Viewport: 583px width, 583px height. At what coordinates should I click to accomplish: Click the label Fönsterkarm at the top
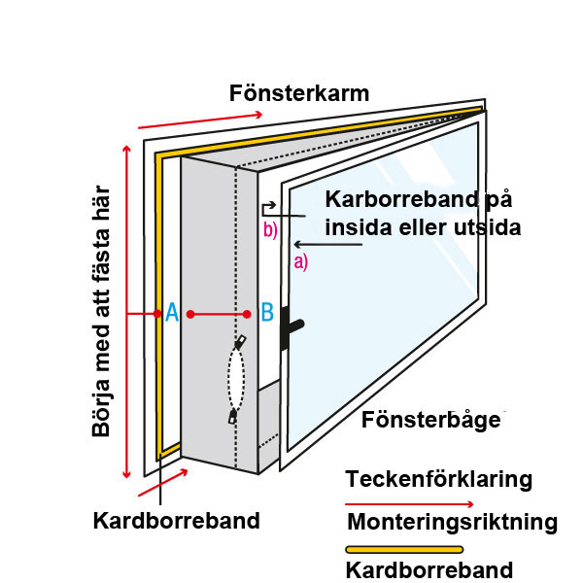tap(299, 94)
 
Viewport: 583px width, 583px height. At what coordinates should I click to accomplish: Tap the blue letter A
tap(171, 313)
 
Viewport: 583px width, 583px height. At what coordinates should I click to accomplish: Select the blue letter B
tap(266, 313)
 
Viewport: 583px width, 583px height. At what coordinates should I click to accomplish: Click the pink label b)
tap(270, 230)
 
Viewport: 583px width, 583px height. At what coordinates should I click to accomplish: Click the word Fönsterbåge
tap(433, 421)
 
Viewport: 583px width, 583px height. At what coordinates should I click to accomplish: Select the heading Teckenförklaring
tap(438, 479)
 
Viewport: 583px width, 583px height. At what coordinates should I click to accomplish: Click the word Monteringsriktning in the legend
tap(453, 523)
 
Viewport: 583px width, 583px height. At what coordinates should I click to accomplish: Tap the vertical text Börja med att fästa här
tap(101, 310)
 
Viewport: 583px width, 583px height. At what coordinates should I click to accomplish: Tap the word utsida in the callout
tap(485, 228)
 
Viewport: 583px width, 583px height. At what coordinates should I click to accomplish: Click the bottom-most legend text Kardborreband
tap(429, 570)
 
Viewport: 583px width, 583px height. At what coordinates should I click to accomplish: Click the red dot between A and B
tap(191, 313)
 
